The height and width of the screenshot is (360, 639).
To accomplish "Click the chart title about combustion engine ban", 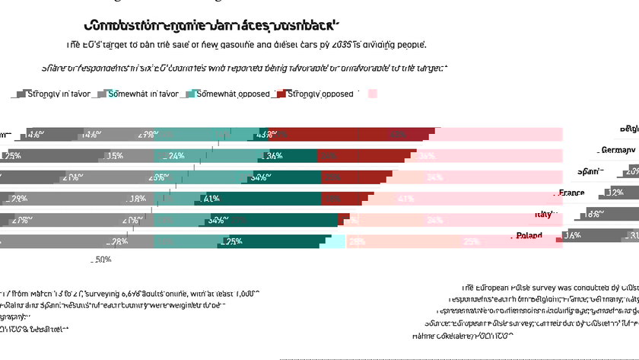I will point(211,25).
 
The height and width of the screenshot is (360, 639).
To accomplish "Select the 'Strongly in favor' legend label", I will point(59,94).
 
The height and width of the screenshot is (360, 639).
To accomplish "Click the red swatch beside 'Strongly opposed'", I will point(281,94).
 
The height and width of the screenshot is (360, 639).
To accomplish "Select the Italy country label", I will point(543,215).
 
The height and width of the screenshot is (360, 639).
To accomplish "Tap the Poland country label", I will point(529,236).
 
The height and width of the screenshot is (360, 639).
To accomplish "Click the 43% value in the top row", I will point(265,135).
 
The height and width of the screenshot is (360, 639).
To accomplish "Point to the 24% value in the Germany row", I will point(176,156).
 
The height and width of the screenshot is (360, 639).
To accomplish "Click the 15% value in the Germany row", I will point(115,156).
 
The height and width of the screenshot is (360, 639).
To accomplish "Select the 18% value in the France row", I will point(137,199).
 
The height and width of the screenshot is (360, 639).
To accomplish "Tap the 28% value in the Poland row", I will point(119,241).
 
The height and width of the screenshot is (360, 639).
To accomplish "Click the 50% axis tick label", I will point(102,260).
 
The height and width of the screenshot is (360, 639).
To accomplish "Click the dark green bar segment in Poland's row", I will point(266,241).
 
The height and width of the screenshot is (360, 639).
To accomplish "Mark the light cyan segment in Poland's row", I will point(332,241).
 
